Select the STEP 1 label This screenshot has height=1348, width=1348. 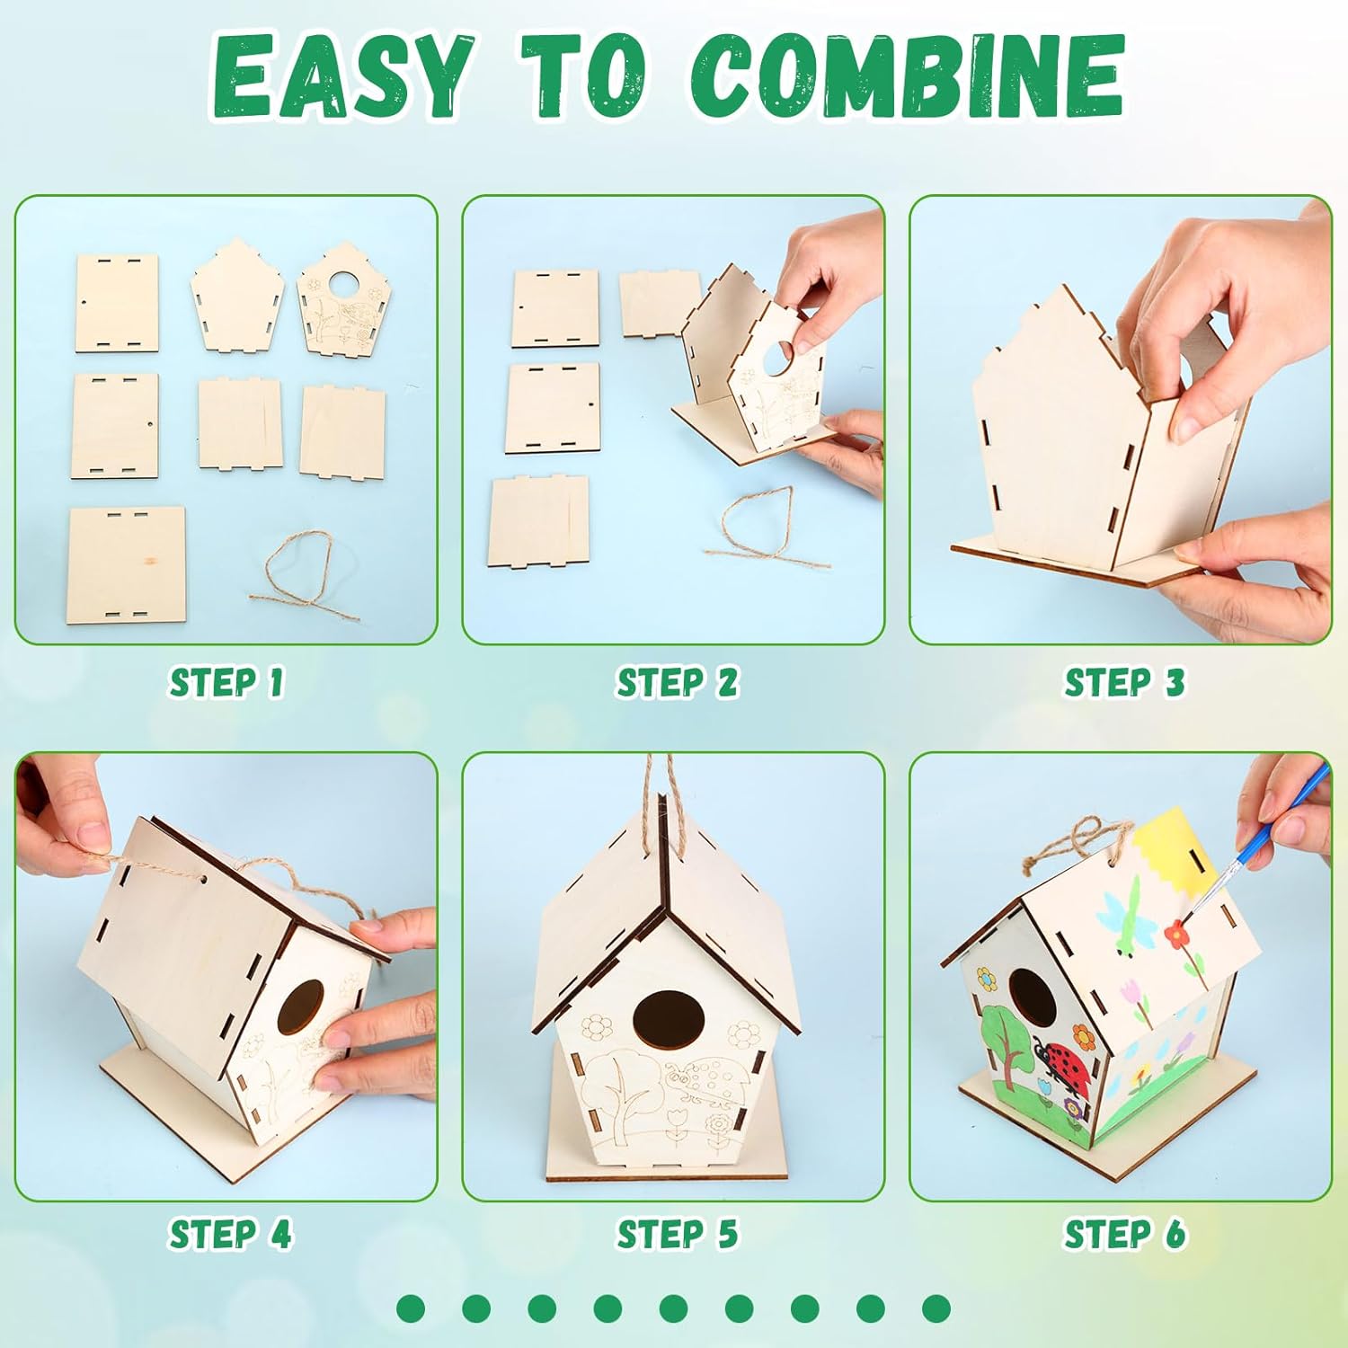(226, 682)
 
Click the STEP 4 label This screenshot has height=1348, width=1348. (230, 1234)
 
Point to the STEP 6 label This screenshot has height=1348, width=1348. (1124, 1234)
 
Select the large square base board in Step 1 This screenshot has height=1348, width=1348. (127, 565)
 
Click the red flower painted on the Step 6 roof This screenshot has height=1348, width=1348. (1174, 935)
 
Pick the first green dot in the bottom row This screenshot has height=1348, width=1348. (411, 1308)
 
